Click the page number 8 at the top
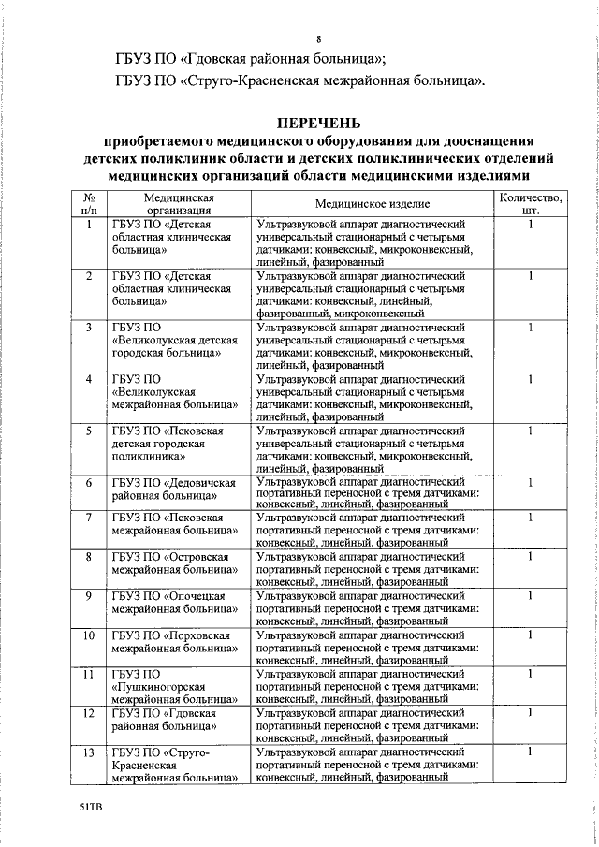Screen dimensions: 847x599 tap(318, 39)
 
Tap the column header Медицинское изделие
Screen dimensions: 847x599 tap(372, 203)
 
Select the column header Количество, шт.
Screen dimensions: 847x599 tap(530, 203)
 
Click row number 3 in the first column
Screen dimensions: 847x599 tap(88, 328)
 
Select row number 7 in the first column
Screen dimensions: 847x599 tap(88, 518)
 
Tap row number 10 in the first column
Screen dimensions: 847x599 tap(88, 635)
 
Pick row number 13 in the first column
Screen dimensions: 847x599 tap(88, 752)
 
